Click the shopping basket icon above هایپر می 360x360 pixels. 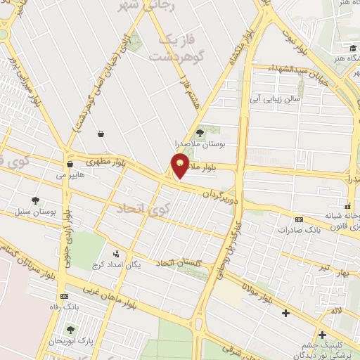point(70,165)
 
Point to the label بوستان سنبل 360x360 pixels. point(34,211)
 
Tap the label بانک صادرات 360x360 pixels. point(299,229)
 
